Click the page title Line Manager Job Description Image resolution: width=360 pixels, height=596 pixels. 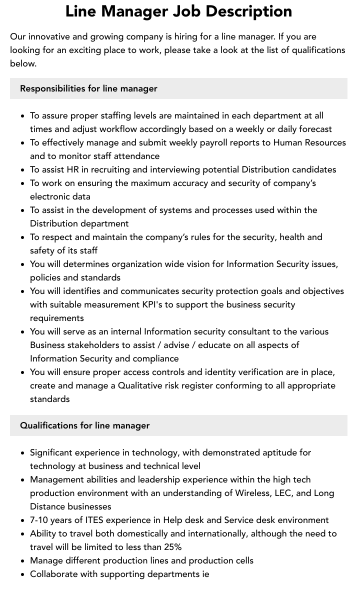(179, 11)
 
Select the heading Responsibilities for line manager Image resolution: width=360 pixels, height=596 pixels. (88, 88)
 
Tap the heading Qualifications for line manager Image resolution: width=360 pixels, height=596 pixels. (84, 425)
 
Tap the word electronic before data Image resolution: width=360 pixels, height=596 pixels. (48, 196)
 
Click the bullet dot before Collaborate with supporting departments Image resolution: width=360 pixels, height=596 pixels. (22, 574)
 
